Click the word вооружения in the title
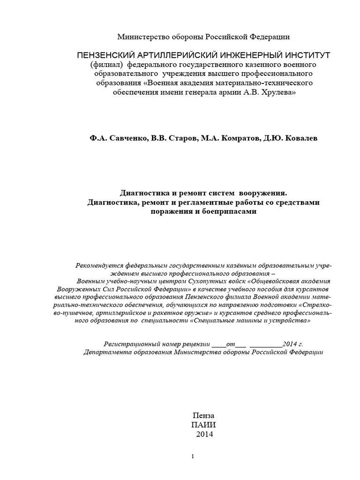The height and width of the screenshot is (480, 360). pyautogui.click(x=262, y=193)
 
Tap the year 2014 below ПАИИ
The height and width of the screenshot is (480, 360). pyautogui.click(x=204, y=435)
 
